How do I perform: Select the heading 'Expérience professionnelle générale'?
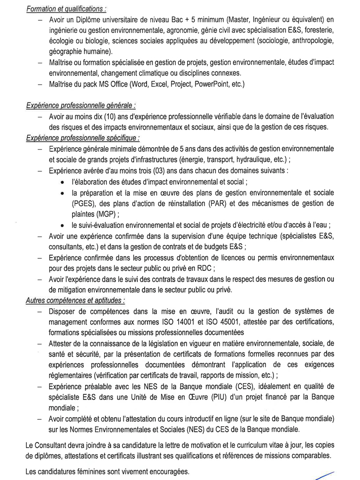[x=80, y=106]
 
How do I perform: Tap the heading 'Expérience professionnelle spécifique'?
[x=82, y=138]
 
